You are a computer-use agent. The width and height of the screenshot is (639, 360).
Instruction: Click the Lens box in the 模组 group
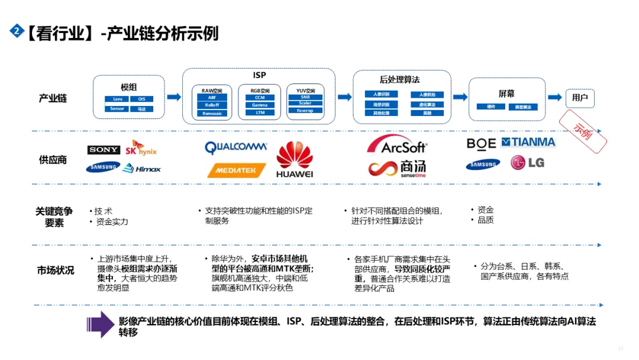click(x=117, y=99)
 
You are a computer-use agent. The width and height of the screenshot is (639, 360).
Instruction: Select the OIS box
click(x=141, y=99)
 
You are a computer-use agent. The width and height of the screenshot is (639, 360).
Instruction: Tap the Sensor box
click(x=117, y=109)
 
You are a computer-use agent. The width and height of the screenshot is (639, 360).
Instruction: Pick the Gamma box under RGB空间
click(x=259, y=105)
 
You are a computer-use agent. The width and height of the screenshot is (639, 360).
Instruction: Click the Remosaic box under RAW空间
click(x=212, y=112)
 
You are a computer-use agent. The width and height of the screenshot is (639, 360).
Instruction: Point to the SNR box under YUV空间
click(x=305, y=97)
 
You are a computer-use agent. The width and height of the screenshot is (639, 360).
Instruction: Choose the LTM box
click(x=259, y=112)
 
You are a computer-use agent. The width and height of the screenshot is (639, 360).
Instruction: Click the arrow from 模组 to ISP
click(x=174, y=97)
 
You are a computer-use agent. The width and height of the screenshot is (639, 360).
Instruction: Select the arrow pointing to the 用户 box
click(x=554, y=97)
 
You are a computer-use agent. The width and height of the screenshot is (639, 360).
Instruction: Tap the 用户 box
click(x=580, y=98)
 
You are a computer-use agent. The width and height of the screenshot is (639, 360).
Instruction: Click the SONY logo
click(x=104, y=150)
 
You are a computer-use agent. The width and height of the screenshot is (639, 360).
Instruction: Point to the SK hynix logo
click(x=141, y=148)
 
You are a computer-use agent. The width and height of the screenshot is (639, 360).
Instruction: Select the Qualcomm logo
click(x=236, y=147)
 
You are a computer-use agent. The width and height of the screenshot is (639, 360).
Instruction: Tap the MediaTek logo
click(x=236, y=170)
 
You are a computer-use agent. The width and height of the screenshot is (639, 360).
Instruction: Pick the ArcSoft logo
click(x=396, y=145)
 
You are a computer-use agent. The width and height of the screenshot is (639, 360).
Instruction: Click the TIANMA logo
click(x=528, y=142)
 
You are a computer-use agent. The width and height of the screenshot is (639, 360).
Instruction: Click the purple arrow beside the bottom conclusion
click(x=101, y=324)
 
